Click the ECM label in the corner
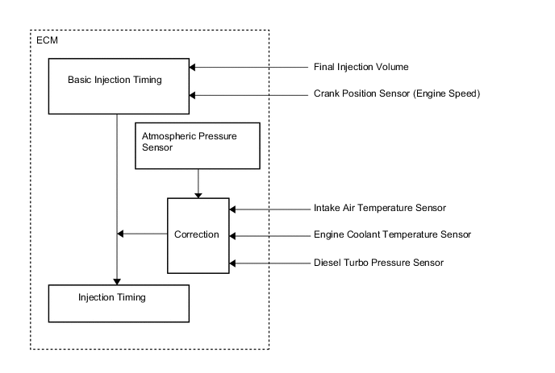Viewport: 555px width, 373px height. tap(46, 41)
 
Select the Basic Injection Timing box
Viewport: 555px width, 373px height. tap(119, 85)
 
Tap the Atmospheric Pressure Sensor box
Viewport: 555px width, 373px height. tap(197, 146)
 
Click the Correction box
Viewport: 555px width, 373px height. tap(198, 235)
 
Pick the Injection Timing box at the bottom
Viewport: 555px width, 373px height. tap(119, 303)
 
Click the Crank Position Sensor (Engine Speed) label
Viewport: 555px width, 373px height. tap(397, 93)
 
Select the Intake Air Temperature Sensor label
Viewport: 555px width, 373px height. tap(379, 208)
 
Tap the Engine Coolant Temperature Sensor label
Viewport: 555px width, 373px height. tap(392, 235)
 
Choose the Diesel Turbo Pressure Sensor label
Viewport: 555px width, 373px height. tap(378, 263)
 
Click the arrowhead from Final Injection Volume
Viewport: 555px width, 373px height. tap(194, 67)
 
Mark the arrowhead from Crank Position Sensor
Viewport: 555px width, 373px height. tap(194, 94)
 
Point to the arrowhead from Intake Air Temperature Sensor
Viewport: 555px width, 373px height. tap(233, 209)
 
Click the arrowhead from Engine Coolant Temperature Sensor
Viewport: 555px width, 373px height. tap(233, 236)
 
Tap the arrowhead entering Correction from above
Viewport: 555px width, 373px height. tap(198, 194)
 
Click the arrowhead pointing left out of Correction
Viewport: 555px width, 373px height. tap(121, 234)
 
